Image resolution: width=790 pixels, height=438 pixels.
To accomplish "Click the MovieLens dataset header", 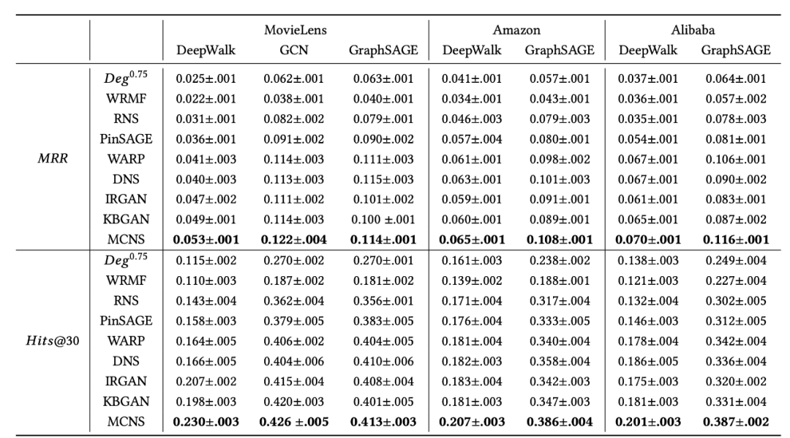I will pyautogui.click(x=296, y=31).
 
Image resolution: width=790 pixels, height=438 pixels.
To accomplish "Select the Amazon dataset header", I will pyautogui.click(x=516, y=31).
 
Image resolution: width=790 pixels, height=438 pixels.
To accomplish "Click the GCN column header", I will pyautogui.click(x=296, y=51).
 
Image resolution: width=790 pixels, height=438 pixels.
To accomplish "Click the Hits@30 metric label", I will pyautogui.click(x=45, y=342).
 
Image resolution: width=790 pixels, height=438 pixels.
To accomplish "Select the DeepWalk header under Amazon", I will pyautogui.click(x=472, y=51).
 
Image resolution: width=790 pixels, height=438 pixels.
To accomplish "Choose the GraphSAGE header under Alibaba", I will pyautogui.click(x=735, y=51).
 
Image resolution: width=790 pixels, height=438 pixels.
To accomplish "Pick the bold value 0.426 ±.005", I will pyautogui.click(x=296, y=421).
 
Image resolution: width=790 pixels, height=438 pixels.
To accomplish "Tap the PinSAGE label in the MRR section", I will pyautogui.click(x=126, y=138).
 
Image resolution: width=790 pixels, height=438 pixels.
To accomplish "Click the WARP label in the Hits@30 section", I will pyautogui.click(x=126, y=342).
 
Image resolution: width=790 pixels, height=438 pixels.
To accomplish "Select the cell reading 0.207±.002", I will pyautogui.click(x=206, y=382).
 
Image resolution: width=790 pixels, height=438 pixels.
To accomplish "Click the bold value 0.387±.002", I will pyautogui.click(x=735, y=421).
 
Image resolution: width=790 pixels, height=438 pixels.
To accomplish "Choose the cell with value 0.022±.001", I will pyautogui.click(x=206, y=98).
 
